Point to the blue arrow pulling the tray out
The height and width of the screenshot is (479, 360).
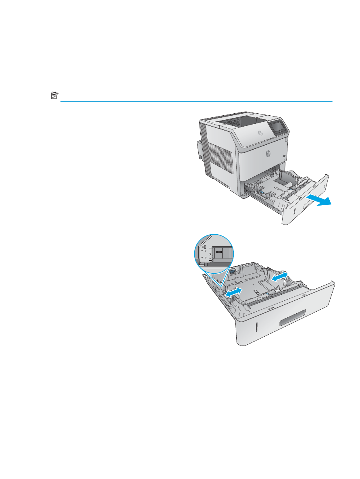[319, 200]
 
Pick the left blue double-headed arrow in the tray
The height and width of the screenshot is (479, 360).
[234, 292]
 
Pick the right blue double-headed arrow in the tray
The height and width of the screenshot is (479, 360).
[279, 277]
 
